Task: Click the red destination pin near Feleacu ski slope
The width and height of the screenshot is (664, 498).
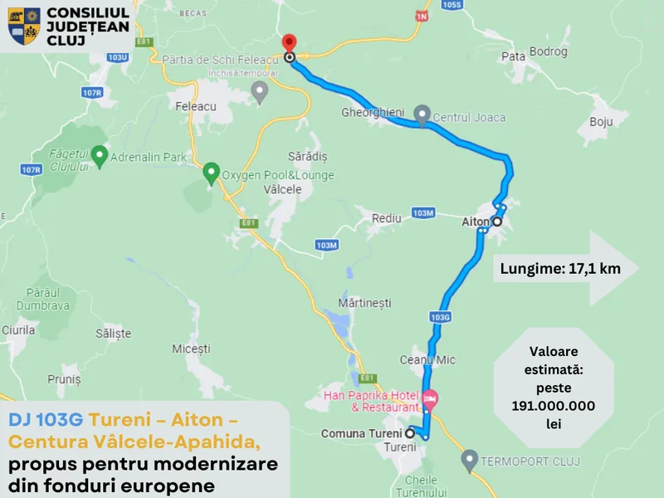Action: (289, 43)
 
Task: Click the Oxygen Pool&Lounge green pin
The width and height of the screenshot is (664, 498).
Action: (211, 173)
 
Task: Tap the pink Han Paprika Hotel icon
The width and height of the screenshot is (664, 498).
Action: (430, 399)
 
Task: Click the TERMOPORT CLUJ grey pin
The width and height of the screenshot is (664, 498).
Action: (469, 459)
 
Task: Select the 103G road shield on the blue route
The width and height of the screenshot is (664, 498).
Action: (441, 317)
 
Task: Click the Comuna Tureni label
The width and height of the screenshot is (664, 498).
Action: (361, 433)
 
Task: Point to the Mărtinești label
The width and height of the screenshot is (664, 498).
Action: (365, 304)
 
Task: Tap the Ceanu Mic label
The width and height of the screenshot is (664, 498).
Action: (427, 360)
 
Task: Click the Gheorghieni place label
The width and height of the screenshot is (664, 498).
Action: (372, 112)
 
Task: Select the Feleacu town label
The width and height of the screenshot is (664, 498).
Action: (196, 106)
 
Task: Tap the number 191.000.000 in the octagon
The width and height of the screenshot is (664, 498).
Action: (554, 406)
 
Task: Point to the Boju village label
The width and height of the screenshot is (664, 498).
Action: (600, 122)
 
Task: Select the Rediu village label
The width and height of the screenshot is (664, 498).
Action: (387, 218)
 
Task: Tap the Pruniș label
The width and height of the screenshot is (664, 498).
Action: (64, 379)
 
